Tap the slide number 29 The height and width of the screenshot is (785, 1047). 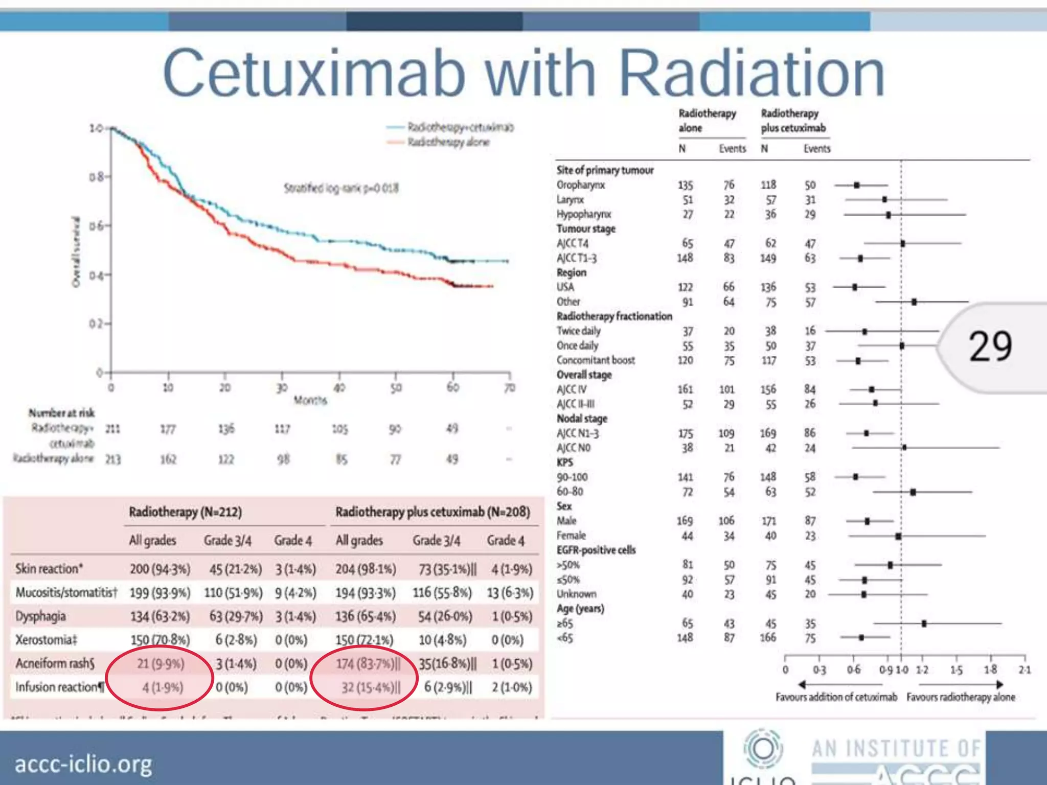[x=990, y=347]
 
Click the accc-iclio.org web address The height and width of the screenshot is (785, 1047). [x=83, y=765]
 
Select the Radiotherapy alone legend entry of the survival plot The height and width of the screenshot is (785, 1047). [x=448, y=142]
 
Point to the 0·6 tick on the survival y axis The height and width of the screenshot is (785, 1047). [x=97, y=225]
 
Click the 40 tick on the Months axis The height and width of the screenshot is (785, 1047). [x=339, y=387]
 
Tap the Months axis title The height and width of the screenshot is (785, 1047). [x=310, y=400]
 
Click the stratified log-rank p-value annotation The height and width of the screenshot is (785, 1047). [x=341, y=188]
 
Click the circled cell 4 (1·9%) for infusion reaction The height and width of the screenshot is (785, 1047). [x=163, y=687]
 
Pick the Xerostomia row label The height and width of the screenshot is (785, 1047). [x=46, y=640]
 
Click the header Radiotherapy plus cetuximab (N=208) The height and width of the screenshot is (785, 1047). [x=433, y=512]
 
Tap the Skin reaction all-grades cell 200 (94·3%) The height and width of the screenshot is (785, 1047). [x=160, y=569]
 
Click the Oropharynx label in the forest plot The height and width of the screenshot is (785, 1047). [x=581, y=185]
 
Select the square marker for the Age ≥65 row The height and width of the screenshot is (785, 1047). [x=924, y=624]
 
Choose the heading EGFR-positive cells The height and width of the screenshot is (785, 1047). [x=596, y=550]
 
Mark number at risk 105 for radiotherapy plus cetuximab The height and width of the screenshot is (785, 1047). [x=340, y=429]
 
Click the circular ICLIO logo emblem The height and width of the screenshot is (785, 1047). [x=763, y=749]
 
